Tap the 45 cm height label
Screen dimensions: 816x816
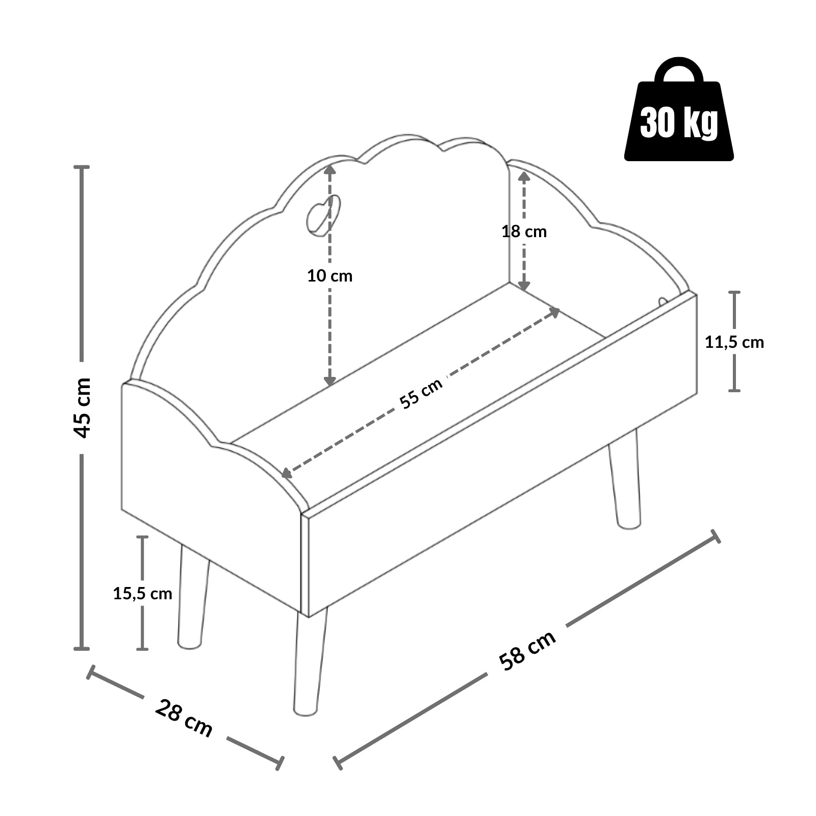pyautogui.click(x=82, y=407)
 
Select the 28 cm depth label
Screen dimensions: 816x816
pyautogui.click(x=183, y=718)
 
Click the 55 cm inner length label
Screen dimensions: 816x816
pyautogui.click(x=421, y=393)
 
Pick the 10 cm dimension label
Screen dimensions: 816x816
pyautogui.click(x=329, y=276)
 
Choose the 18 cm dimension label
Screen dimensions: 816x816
pyautogui.click(x=524, y=232)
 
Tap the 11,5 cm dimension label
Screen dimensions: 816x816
pyautogui.click(x=734, y=342)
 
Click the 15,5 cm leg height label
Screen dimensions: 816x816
pyautogui.click(x=143, y=593)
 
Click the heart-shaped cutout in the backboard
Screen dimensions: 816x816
pyautogui.click(x=323, y=216)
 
